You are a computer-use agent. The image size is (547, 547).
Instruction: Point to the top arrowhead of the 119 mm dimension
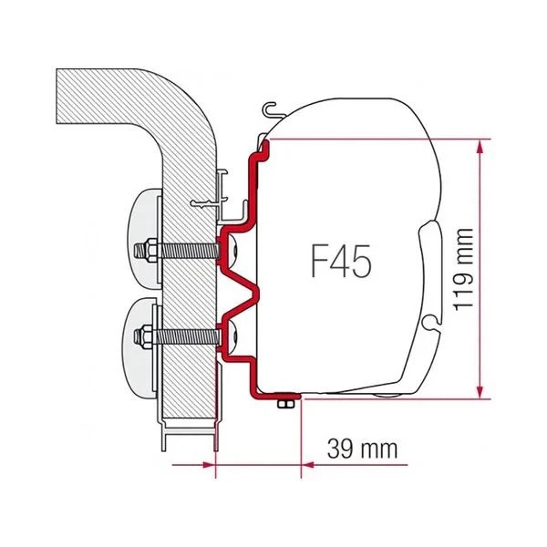479,144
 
